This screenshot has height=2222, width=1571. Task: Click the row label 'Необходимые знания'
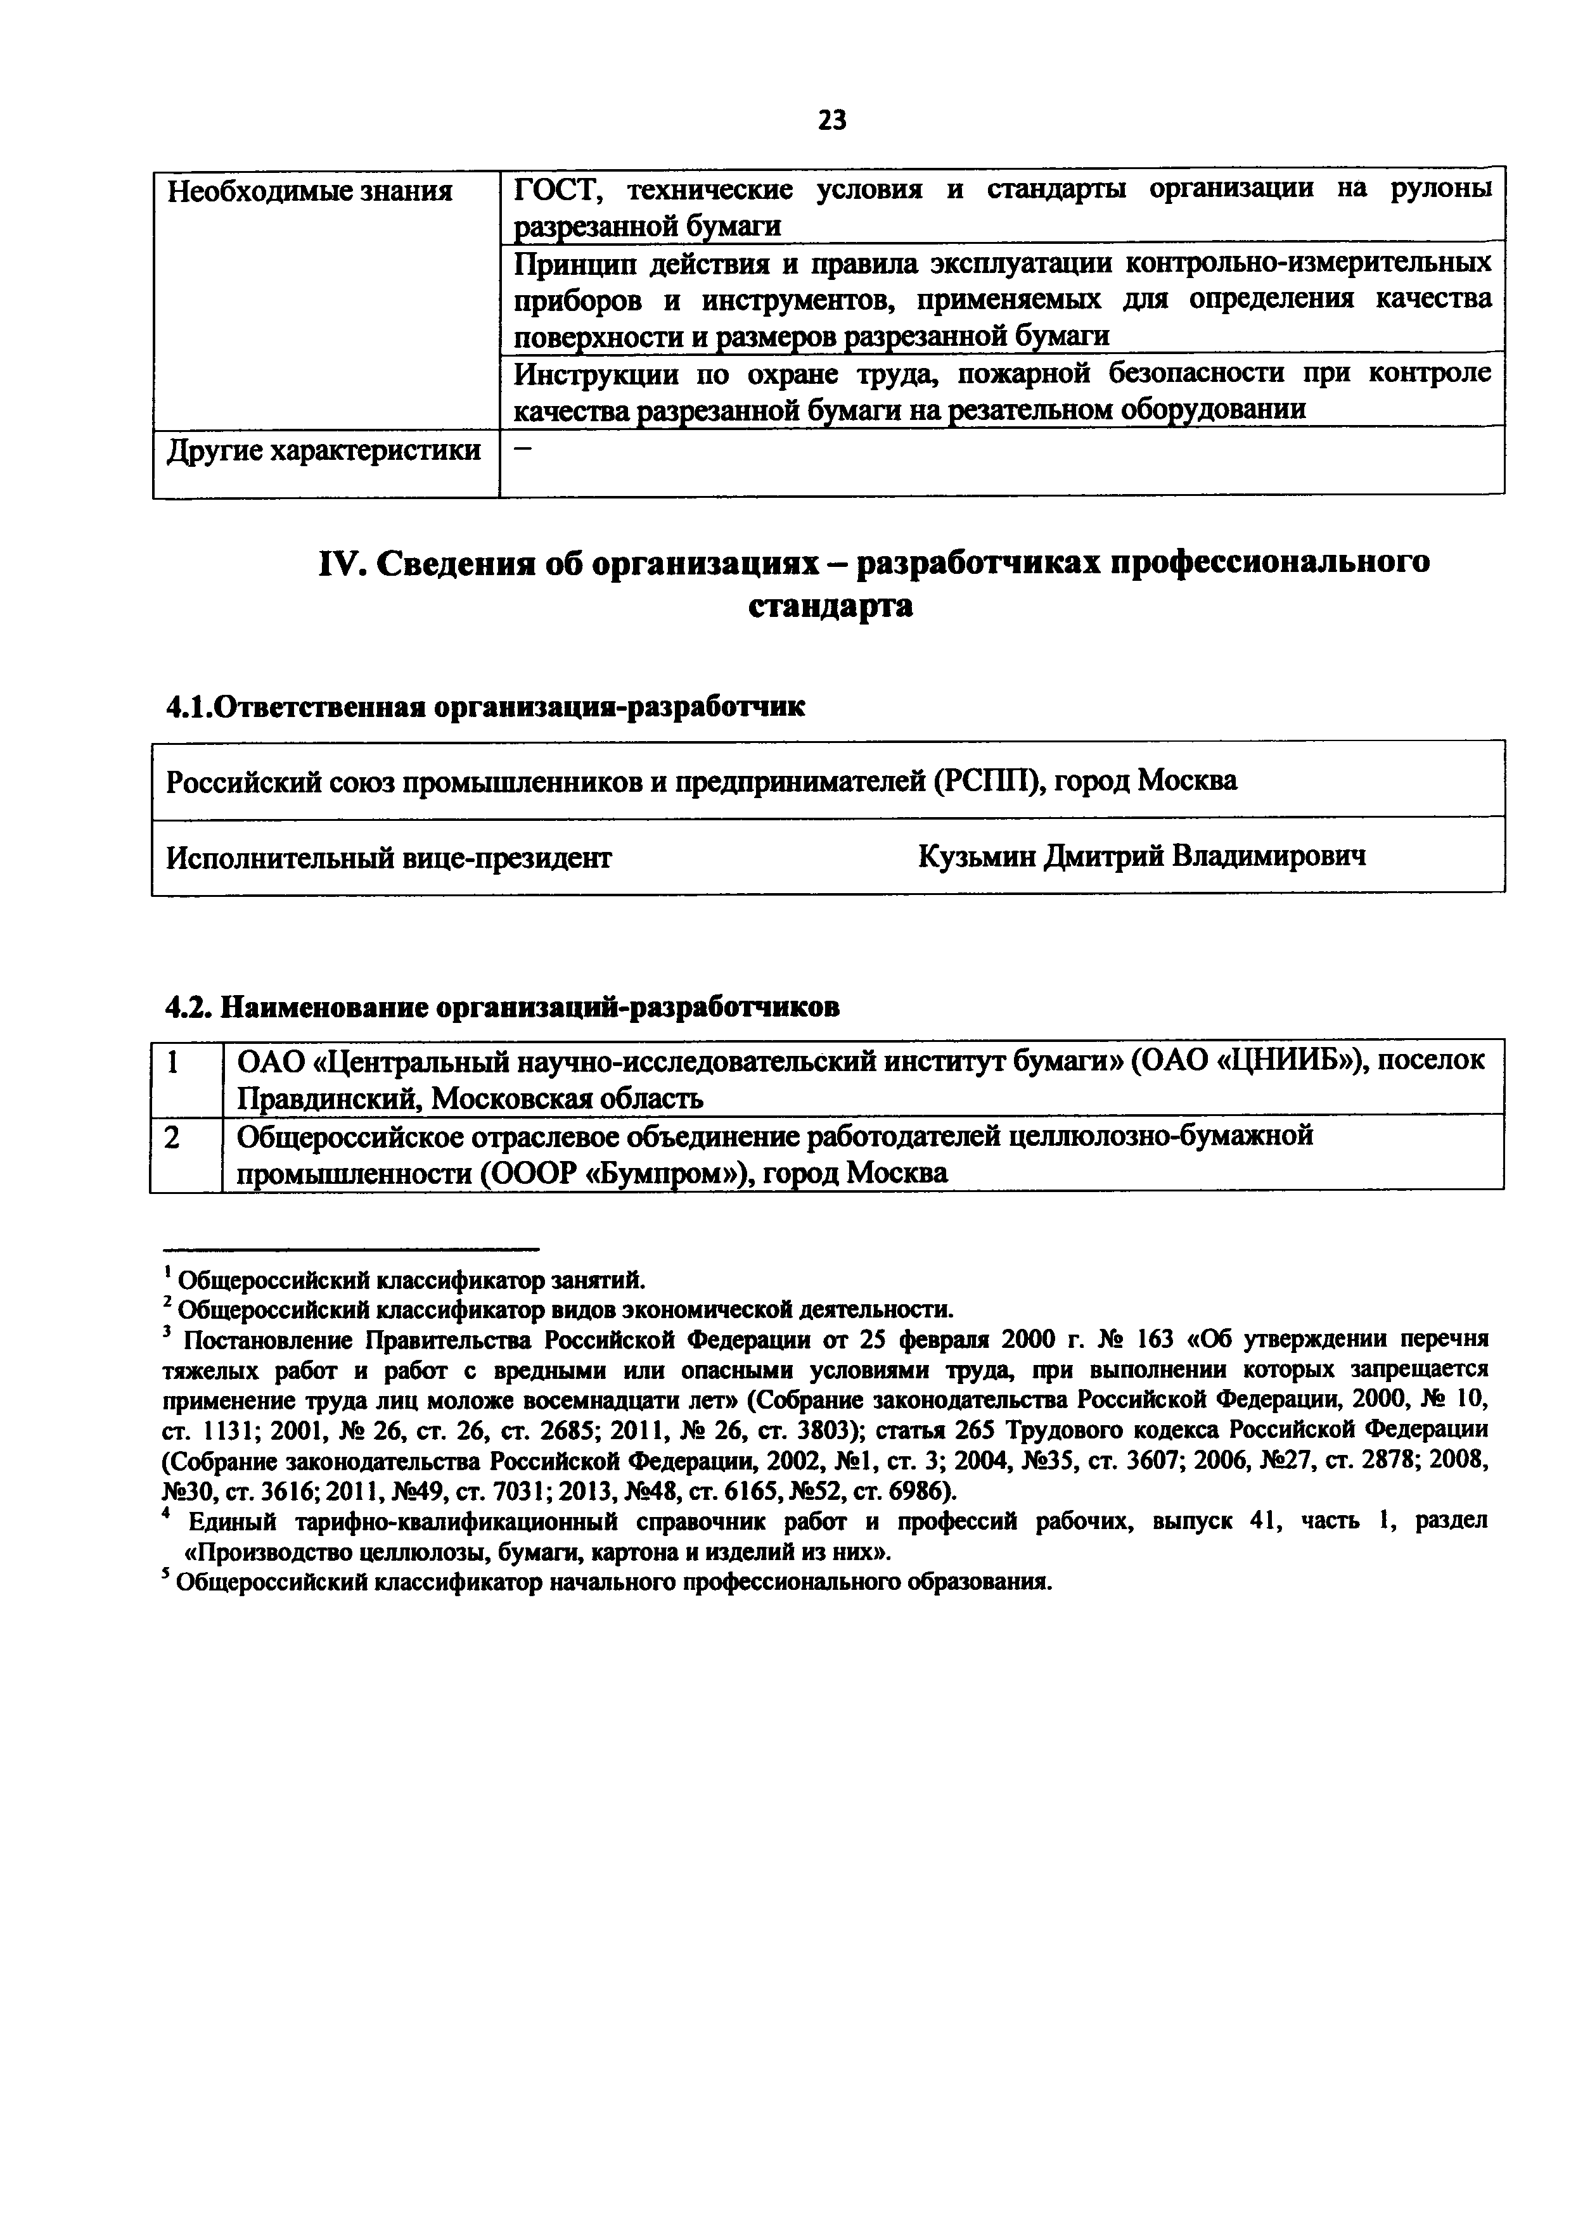point(310,193)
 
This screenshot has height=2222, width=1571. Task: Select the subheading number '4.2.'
point(189,1008)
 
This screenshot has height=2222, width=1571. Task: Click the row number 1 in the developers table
point(172,1063)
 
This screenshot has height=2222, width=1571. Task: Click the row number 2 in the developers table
point(172,1139)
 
